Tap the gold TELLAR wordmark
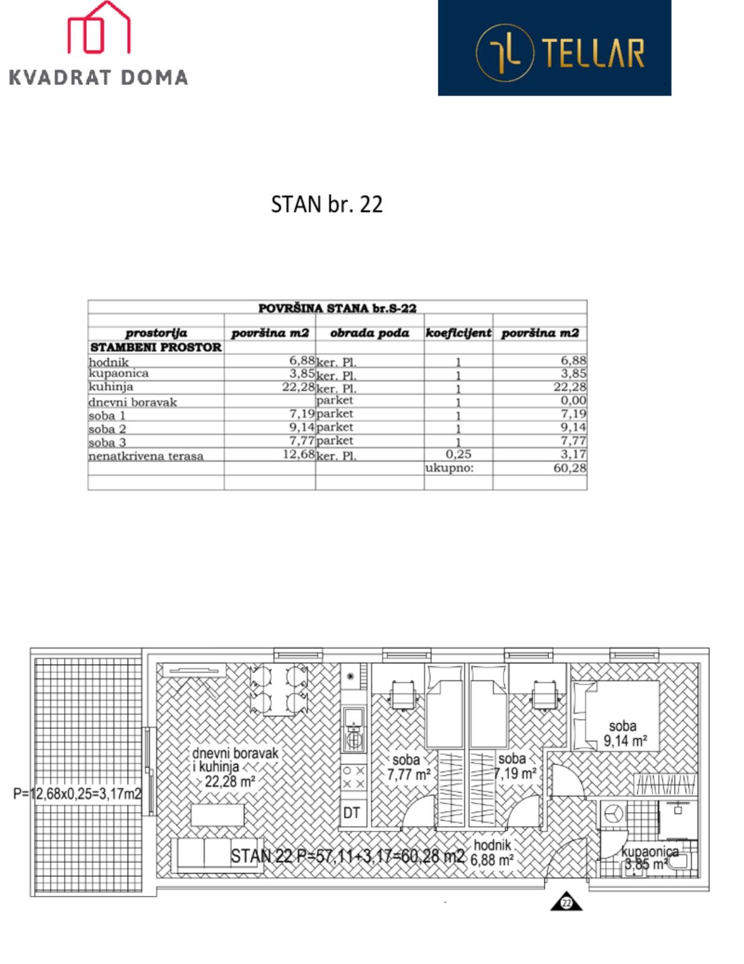(593, 52)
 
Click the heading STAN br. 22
(327, 204)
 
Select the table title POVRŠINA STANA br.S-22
(337, 308)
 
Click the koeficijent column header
(458, 333)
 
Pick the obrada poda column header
(369, 333)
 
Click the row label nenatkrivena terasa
(146, 456)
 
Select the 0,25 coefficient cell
(458, 454)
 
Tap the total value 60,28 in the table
(570, 468)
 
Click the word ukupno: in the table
(449, 468)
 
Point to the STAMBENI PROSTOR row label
(156, 348)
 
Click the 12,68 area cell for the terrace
(299, 454)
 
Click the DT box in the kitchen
(351, 813)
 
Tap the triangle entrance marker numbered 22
(566, 902)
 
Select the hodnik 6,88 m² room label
(493, 853)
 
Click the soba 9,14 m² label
(624, 733)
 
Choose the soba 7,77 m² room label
(408, 767)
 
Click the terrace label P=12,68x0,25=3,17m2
(77, 793)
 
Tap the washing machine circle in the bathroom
(613, 813)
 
